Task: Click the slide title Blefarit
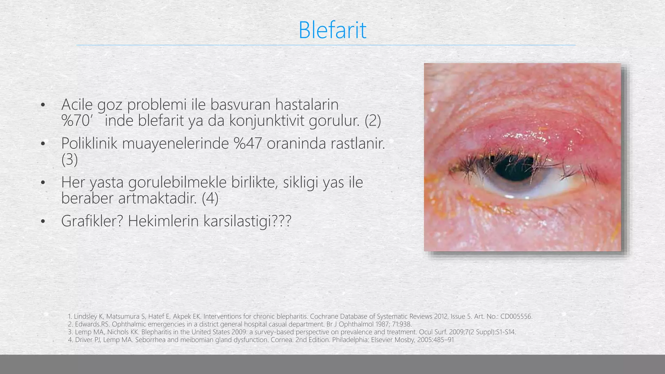point(332,30)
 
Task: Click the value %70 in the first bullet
point(75,121)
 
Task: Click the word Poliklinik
point(89,143)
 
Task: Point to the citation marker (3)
point(69,159)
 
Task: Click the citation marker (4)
point(210,198)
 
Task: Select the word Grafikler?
point(92,221)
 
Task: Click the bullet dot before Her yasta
point(43,183)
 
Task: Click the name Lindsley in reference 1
point(84,317)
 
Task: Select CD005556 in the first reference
point(516,317)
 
